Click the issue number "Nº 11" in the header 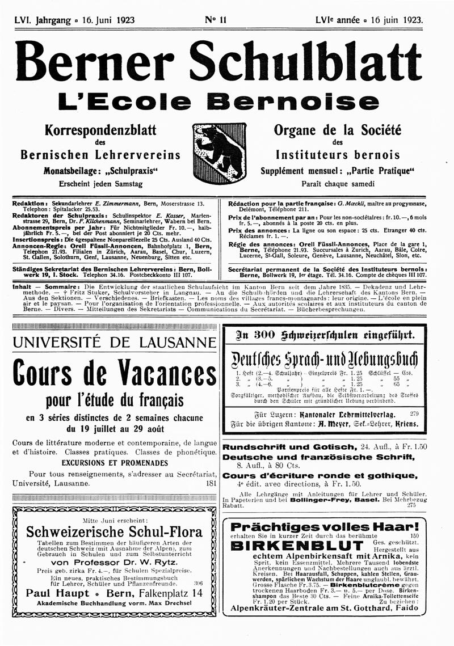[216, 19]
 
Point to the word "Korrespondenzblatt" [100, 130]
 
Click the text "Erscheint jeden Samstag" [100, 184]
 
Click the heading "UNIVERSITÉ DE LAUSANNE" [113, 343]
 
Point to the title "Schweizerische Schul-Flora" [114, 532]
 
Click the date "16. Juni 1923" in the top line [107, 19]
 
